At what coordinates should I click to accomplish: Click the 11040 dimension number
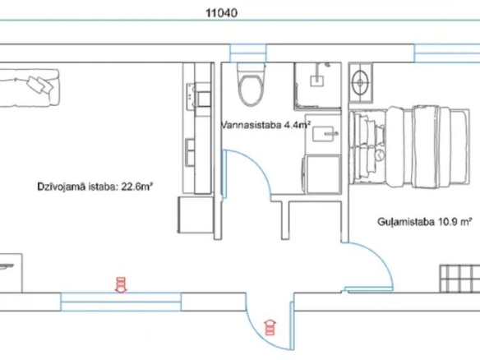[x=221, y=13]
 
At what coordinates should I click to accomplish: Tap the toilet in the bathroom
[x=251, y=85]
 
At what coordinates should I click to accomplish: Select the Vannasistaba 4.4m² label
[x=265, y=125]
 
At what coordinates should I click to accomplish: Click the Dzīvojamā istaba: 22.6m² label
[x=95, y=187]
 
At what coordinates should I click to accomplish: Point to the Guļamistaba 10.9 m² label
[x=425, y=221]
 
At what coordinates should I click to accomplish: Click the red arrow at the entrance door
[x=270, y=327]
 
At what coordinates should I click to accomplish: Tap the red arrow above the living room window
[x=121, y=284]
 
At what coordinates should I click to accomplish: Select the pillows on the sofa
[x=40, y=84]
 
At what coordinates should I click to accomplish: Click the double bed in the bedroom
[x=409, y=146]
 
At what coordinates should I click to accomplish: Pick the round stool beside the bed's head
[x=360, y=82]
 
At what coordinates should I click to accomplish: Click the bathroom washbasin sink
[x=325, y=134]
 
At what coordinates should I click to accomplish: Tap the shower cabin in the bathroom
[x=317, y=86]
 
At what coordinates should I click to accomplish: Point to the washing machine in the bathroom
[x=322, y=174]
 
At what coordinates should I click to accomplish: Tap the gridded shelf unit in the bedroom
[x=459, y=279]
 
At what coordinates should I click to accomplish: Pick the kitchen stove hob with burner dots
[x=191, y=97]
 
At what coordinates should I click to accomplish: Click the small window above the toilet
[x=248, y=53]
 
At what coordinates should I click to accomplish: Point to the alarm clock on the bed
[x=380, y=155]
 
